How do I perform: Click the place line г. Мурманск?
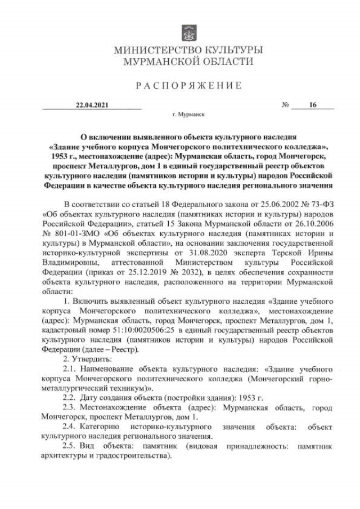tap(190, 114)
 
